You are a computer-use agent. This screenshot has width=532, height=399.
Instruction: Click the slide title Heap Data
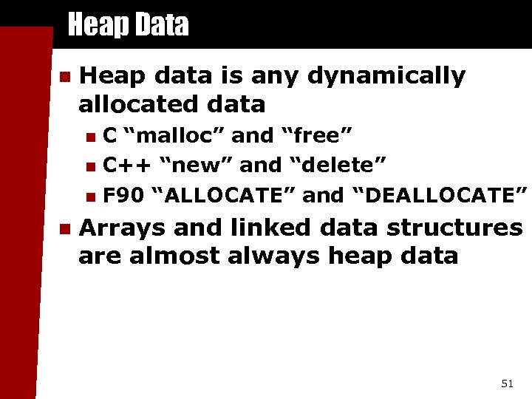[128, 26]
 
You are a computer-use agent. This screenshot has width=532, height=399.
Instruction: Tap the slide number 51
[507, 383]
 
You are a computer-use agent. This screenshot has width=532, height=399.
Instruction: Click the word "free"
[316, 136]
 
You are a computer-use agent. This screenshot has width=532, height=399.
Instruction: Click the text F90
[122, 195]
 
